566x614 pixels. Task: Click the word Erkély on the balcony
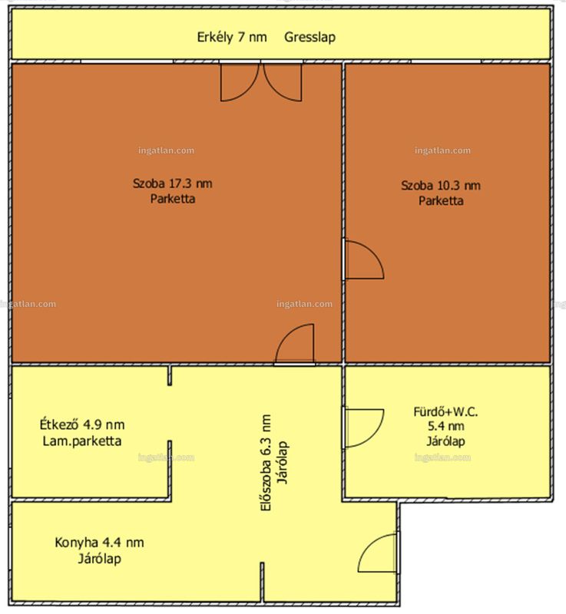click(x=214, y=38)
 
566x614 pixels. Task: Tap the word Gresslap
click(x=309, y=37)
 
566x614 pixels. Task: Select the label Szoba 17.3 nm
click(x=172, y=183)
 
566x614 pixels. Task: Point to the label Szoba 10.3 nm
click(x=441, y=185)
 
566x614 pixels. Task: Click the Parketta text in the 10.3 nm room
click(x=441, y=201)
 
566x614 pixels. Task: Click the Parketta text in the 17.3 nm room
click(x=173, y=199)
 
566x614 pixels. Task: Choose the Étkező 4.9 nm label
click(x=82, y=424)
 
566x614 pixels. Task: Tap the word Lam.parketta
click(x=82, y=441)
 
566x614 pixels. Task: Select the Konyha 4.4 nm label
click(x=99, y=543)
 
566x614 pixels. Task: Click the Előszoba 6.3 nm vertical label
click(x=266, y=463)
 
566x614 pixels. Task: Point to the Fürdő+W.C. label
click(x=445, y=412)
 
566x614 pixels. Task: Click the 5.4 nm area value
click(x=445, y=426)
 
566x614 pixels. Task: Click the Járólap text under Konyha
click(x=100, y=559)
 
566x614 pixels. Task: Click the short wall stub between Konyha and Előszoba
click(x=263, y=582)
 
